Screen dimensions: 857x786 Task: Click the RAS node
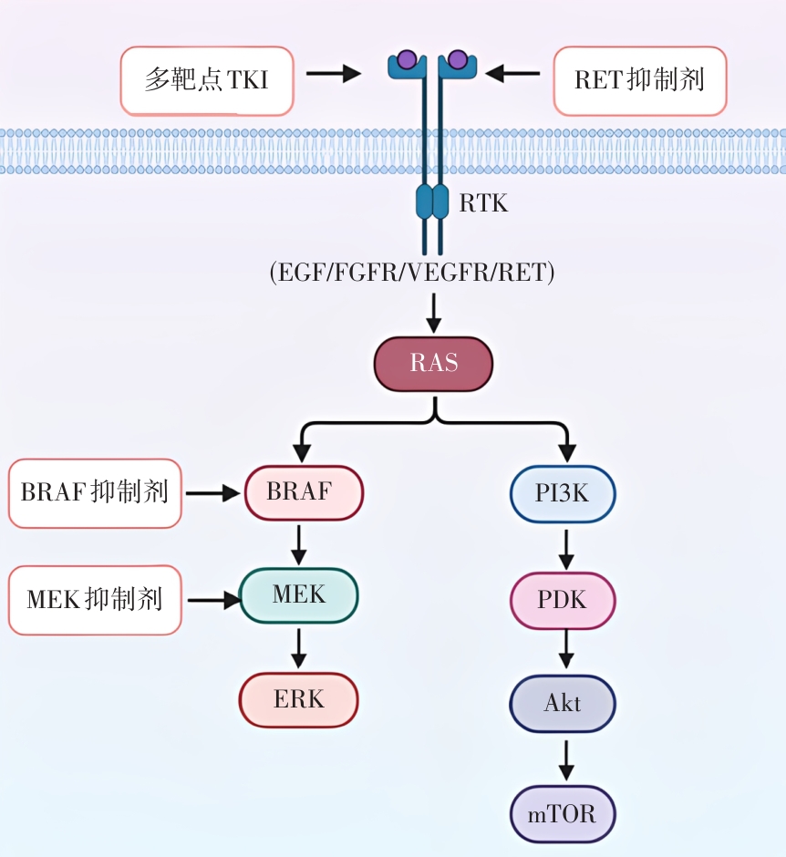tap(433, 364)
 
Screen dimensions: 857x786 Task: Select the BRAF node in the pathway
tap(304, 493)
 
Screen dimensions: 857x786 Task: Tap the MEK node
tap(299, 596)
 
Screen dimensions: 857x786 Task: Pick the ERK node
tap(299, 700)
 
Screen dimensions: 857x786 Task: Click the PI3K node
tap(563, 494)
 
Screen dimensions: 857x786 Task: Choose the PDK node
tap(563, 601)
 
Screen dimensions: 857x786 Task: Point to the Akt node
tap(563, 704)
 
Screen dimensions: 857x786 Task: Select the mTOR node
tap(563, 813)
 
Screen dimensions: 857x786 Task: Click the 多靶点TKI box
tap(207, 80)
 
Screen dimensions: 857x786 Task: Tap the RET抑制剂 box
tap(640, 80)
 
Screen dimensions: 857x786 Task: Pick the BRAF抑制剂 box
tap(95, 493)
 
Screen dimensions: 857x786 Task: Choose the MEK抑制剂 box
tap(95, 600)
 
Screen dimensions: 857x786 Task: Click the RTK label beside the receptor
tap(483, 203)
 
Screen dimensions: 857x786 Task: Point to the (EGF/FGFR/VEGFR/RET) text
tap(412, 273)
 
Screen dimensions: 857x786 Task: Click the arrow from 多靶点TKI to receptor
tap(333, 73)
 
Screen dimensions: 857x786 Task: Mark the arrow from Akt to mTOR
tap(565, 757)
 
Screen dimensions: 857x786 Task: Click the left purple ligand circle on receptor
tap(408, 61)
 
